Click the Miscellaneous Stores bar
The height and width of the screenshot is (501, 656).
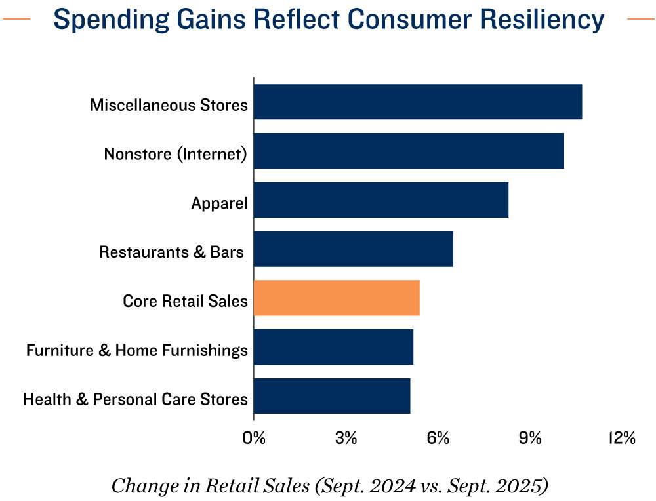(x=418, y=102)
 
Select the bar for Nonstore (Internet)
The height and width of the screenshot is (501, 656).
(x=409, y=151)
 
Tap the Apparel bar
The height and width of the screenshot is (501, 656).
(x=381, y=200)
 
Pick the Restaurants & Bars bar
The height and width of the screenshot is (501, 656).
(x=354, y=249)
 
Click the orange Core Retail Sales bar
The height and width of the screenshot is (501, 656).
(x=337, y=298)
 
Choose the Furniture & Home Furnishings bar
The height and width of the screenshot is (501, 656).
(x=333, y=347)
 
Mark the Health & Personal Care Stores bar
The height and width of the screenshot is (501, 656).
(x=332, y=396)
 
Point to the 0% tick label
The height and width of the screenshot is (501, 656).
(x=254, y=438)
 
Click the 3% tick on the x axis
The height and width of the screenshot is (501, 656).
(x=346, y=438)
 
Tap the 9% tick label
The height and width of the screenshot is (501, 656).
(x=530, y=438)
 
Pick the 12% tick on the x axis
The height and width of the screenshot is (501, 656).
(x=621, y=438)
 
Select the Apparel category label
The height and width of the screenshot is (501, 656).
(x=219, y=203)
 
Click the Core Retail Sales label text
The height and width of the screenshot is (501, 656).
(x=185, y=302)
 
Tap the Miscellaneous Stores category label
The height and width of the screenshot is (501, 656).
(x=169, y=105)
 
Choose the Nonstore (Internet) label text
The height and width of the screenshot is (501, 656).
(x=175, y=154)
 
